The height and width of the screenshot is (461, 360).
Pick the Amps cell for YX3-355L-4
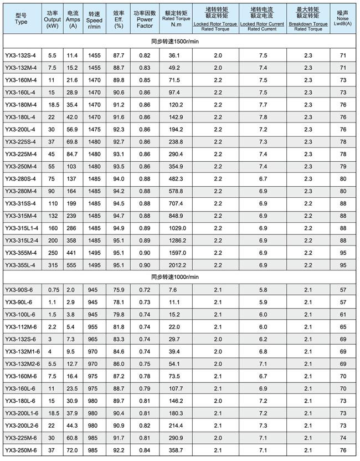pyautogui.click(x=73, y=265)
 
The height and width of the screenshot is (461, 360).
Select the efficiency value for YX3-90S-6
pyautogui.click(x=118, y=290)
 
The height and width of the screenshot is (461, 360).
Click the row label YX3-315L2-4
pyautogui.click(x=22, y=240)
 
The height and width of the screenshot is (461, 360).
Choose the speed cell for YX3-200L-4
pyautogui.click(x=94, y=130)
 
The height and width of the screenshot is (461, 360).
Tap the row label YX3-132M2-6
pyautogui.click(x=22, y=363)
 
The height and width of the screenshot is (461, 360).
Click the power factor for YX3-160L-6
pyautogui.click(x=145, y=388)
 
